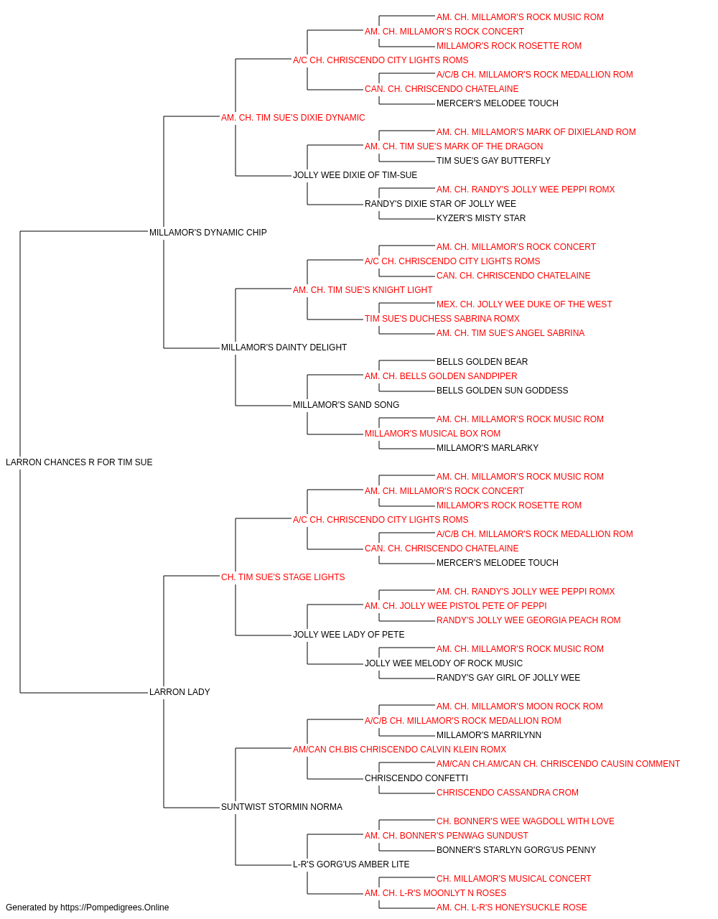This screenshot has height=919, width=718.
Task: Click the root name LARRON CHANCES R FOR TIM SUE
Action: pyautogui.click(x=79, y=462)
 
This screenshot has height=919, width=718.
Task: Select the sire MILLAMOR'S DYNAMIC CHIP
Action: pyautogui.click(x=208, y=233)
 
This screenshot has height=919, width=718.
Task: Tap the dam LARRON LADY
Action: pyautogui.click(x=179, y=692)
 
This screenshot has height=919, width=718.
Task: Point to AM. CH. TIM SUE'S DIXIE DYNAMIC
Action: pyautogui.click(x=293, y=118)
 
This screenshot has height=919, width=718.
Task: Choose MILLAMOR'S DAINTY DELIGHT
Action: pyautogui.click(x=284, y=347)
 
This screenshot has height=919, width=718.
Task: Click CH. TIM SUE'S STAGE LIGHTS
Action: pyautogui.click(x=283, y=577)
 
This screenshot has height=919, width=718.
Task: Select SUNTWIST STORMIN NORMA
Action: pyautogui.click(x=281, y=807)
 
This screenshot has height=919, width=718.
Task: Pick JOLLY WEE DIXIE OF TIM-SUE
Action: pyautogui.click(x=355, y=175)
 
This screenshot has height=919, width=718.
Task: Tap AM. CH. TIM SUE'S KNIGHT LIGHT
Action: pyautogui.click(x=363, y=290)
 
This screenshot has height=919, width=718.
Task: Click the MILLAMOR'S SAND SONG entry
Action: pyautogui.click(x=346, y=405)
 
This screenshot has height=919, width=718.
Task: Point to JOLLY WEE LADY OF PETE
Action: pyautogui.click(x=349, y=635)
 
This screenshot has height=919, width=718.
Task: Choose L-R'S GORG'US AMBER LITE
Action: pyautogui.click(x=351, y=864)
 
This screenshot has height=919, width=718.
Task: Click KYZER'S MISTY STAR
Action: pyautogui.click(x=481, y=218)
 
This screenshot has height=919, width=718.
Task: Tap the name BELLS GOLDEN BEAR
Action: pyautogui.click(x=482, y=362)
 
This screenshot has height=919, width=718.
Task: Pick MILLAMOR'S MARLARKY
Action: pyautogui.click(x=488, y=448)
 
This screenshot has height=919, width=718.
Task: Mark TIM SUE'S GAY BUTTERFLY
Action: pyautogui.click(x=493, y=161)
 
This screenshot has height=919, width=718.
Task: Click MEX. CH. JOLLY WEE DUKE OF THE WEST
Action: pyautogui.click(x=524, y=304)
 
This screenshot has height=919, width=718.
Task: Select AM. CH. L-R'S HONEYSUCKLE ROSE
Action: pyautogui.click(x=512, y=908)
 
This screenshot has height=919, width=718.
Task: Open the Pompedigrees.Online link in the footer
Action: pyautogui.click(x=115, y=908)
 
